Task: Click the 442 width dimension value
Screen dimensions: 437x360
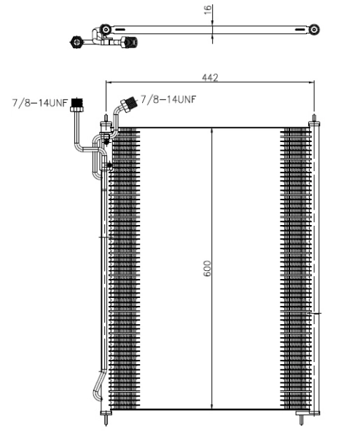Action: tap(211, 76)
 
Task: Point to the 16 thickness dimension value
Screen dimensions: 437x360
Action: tap(207, 9)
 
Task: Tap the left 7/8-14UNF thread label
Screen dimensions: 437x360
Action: tap(39, 103)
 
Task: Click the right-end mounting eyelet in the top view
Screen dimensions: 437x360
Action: tap(313, 29)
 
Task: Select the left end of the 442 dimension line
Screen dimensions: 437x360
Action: tap(108, 82)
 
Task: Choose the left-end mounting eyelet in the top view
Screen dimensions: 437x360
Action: tap(106, 29)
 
